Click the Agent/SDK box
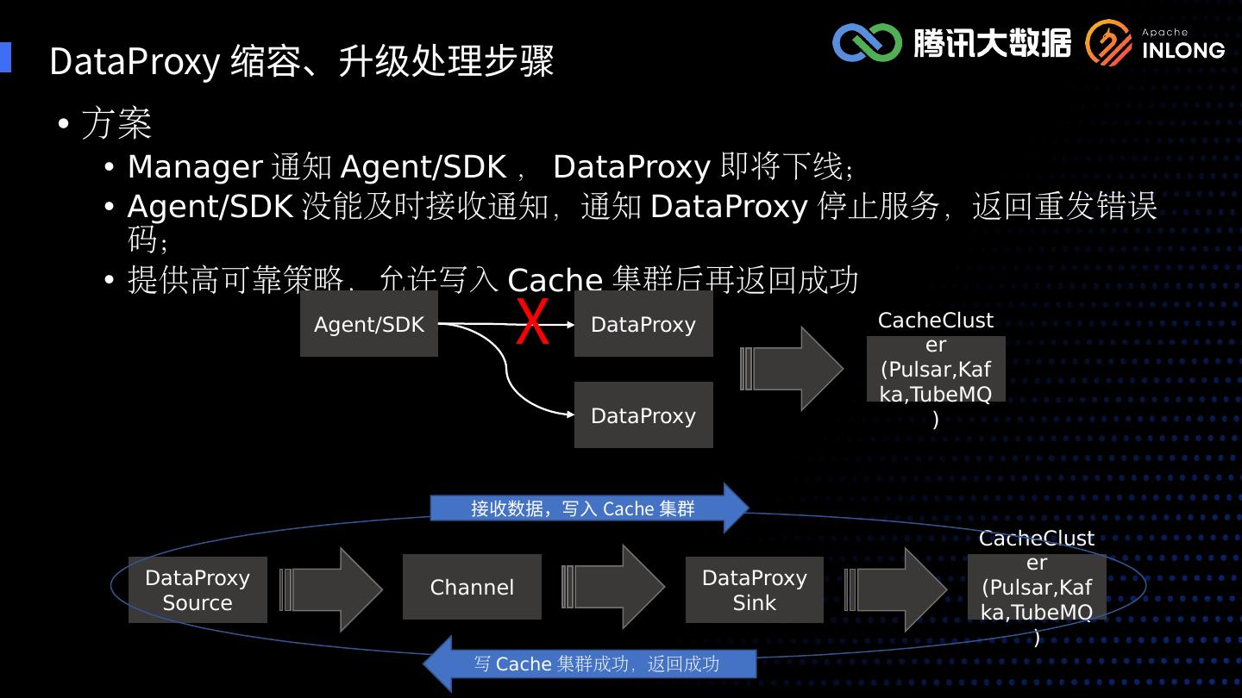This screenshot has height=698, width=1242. (369, 324)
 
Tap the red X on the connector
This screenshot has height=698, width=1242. (532, 323)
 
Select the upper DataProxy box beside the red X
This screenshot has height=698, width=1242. (643, 324)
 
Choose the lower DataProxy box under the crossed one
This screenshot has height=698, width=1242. (643, 415)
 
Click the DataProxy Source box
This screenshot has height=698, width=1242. (198, 589)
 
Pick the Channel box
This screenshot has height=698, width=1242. (472, 587)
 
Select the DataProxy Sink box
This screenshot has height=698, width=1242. (755, 589)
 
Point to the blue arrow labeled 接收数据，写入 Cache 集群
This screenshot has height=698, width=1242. (586, 508)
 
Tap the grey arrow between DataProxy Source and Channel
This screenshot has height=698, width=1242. (332, 589)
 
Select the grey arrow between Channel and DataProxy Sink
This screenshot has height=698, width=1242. (613, 587)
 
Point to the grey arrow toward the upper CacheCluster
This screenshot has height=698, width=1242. (791, 369)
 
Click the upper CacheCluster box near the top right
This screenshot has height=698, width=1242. (936, 369)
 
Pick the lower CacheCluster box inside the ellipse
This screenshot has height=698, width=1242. (1037, 588)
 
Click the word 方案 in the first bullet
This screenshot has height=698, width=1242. (116, 123)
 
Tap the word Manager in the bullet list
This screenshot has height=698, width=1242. (195, 166)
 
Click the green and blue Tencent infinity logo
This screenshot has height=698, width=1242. (866, 42)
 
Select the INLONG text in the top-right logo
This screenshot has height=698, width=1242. (1183, 50)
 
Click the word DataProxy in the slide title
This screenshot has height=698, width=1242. (135, 62)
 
